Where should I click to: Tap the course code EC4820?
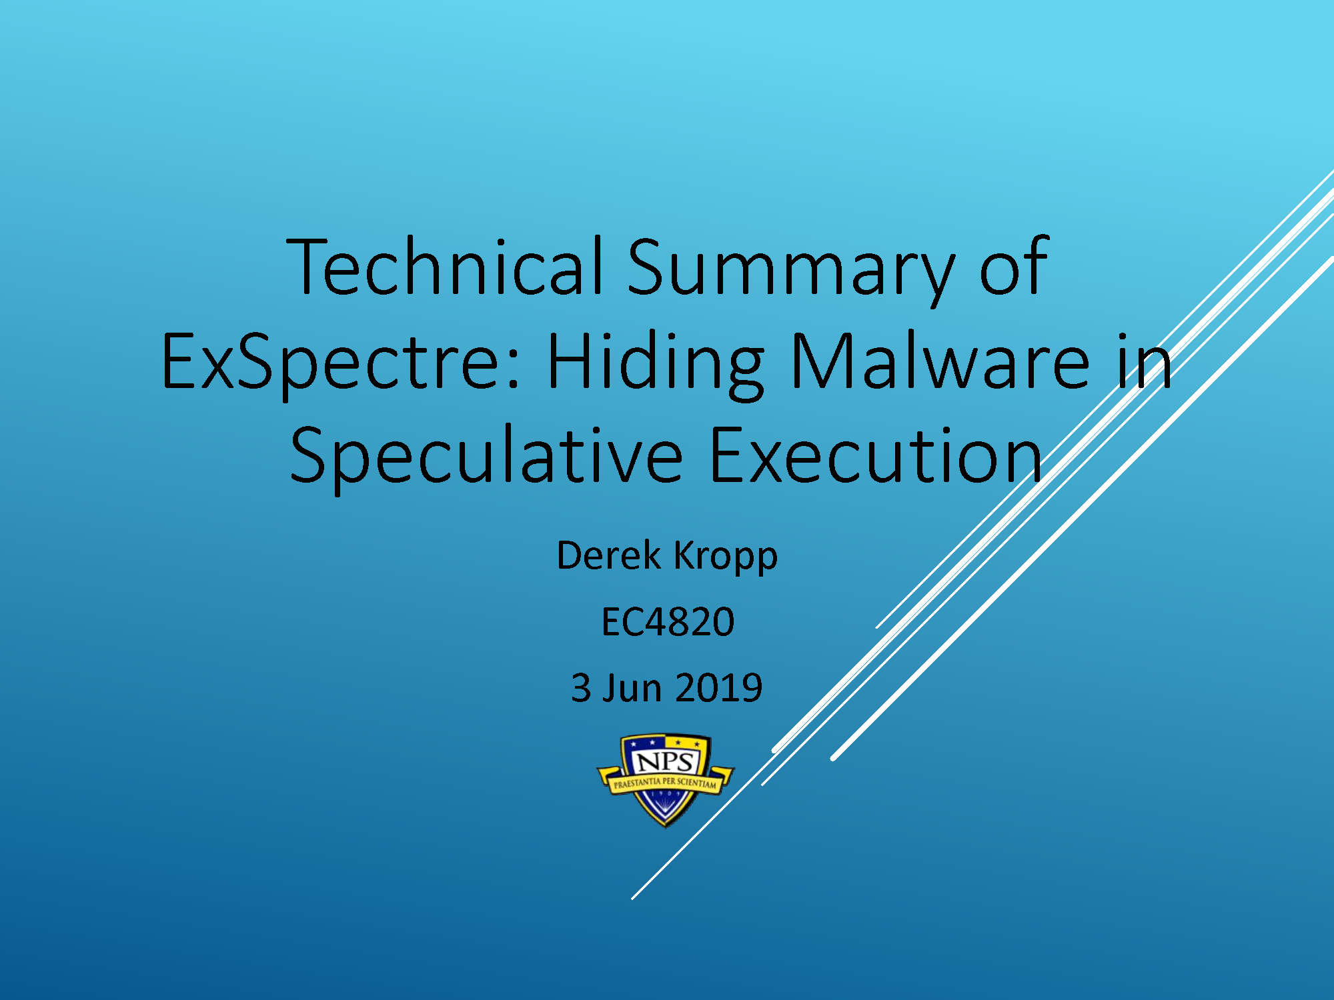[x=668, y=622]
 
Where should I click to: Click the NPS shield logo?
[x=666, y=780]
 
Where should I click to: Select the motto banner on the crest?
[x=666, y=782]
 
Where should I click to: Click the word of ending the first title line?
[x=1014, y=266]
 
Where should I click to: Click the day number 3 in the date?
[x=581, y=688]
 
